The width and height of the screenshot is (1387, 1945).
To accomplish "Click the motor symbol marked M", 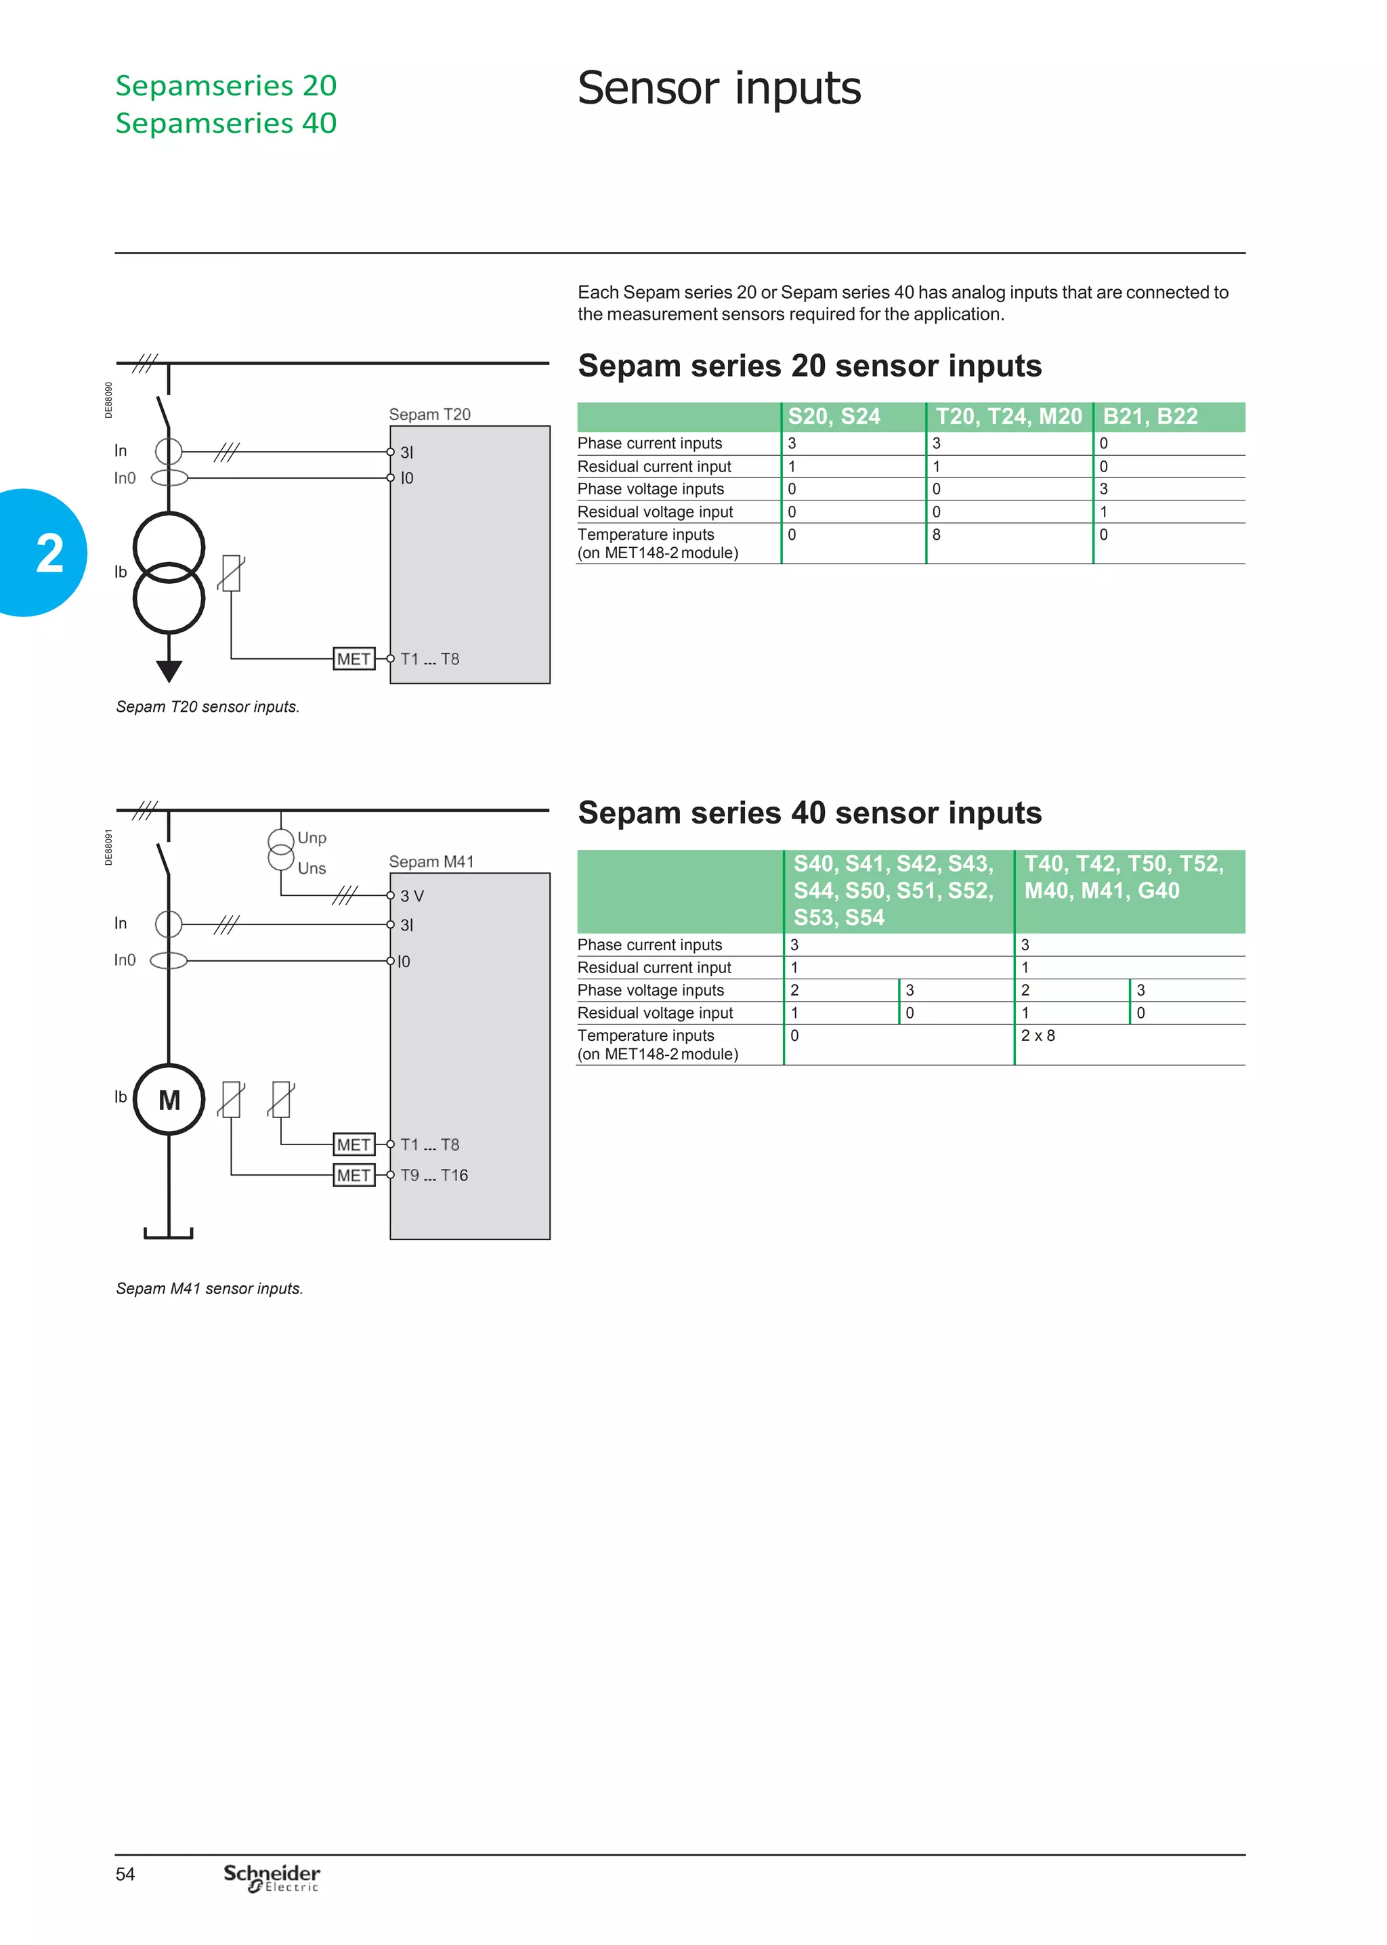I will coord(169,1100).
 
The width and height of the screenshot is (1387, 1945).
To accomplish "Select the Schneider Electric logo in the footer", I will coord(272,1877).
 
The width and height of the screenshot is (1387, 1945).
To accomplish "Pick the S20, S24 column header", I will coord(834,416).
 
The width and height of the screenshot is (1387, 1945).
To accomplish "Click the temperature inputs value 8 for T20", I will coord(937,534).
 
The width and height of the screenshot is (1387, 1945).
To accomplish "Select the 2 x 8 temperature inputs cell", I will coord(1038,1035).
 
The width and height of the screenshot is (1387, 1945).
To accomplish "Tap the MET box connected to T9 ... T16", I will coord(354,1176).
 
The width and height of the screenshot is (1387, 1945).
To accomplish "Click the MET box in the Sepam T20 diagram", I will coord(354,659).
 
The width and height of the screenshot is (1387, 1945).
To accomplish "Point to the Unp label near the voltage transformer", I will coord(312,838).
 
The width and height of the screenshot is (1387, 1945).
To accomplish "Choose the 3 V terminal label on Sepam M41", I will coord(412,896).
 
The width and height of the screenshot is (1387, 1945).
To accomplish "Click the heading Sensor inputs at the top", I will coord(719,88).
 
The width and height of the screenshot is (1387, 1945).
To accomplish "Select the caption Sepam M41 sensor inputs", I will coord(209,1288).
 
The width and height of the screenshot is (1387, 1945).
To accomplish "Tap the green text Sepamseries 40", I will coord(226,123).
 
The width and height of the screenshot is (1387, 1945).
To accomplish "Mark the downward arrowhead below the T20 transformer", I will coord(169,671).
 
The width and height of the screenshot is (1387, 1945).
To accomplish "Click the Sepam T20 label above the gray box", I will coord(429,414).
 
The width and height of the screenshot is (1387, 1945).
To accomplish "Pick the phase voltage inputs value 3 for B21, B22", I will coord(1103,489).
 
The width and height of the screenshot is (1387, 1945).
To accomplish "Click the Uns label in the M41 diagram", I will coord(312,868).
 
